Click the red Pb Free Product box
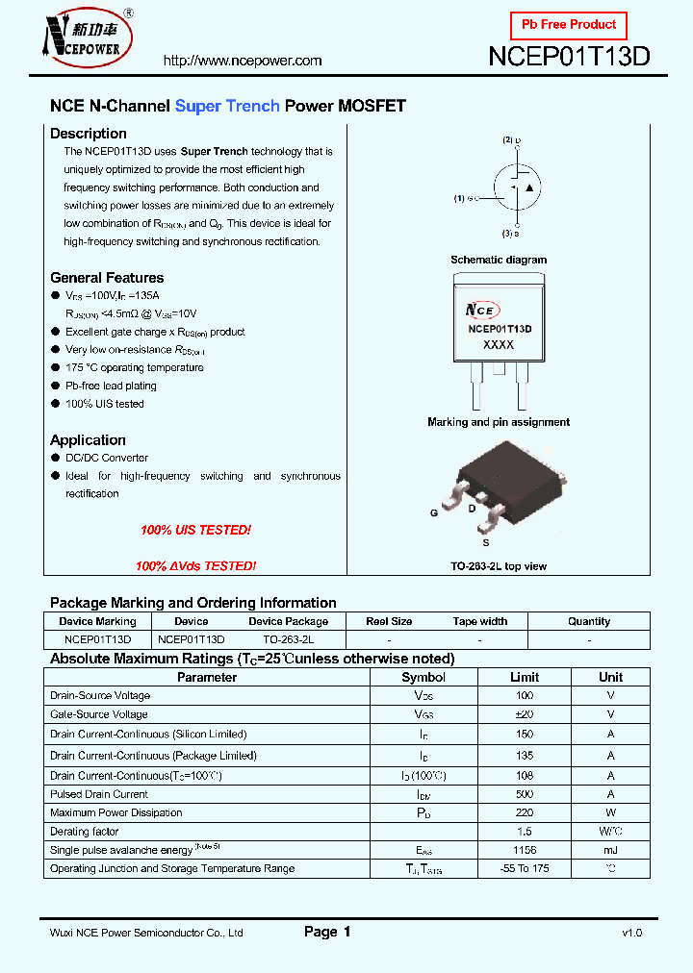pos(568,25)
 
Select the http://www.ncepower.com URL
pos(243,61)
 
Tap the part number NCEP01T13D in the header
pos(569,56)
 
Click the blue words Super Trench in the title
pos(227,106)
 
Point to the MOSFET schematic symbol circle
pos(517,187)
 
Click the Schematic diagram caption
pos(499,260)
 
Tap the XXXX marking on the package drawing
pos(499,344)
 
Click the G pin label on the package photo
pos(434,513)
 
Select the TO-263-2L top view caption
pos(499,566)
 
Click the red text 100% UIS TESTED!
pos(195,530)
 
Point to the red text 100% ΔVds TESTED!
pos(195,566)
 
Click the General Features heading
pos(107,278)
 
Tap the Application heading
pos(88,440)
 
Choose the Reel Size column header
pos(389,621)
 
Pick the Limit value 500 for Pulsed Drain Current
pos(525,794)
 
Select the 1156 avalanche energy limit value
pos(525,850)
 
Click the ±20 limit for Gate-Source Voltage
pos(525,714)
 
